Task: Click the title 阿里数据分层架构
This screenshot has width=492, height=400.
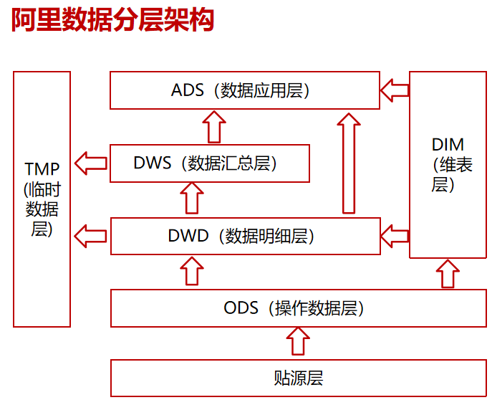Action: (112, 22)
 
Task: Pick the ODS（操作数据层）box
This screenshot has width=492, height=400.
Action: (294, 308)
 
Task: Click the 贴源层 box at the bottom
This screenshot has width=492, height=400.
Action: (294, 378)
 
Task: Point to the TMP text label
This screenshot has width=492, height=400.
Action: (42, 169)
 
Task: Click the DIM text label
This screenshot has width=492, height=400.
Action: (448, 143)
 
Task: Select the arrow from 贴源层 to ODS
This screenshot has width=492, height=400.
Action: (298, 341)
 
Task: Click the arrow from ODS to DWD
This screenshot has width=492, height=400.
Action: (191, 272)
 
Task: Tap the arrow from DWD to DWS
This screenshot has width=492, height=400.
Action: (191, 199)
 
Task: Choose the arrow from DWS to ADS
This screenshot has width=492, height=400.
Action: (213, 127)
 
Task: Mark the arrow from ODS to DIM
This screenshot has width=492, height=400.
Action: (448, 274)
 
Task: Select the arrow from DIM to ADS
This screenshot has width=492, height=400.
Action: (394, 90)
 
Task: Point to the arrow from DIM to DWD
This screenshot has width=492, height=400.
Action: (394, 234)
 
